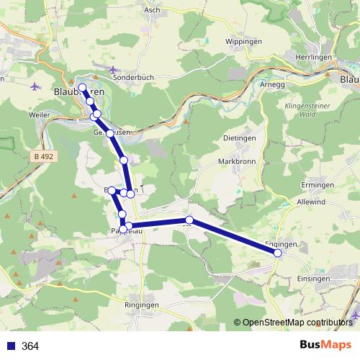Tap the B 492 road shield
(x=45, y=155)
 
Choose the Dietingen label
(x=240, y=138)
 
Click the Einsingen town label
(x=314, y=279)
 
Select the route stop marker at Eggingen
(x=278, y=253)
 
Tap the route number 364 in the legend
(x=31, y=346)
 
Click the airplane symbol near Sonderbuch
(x=114, y=70)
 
